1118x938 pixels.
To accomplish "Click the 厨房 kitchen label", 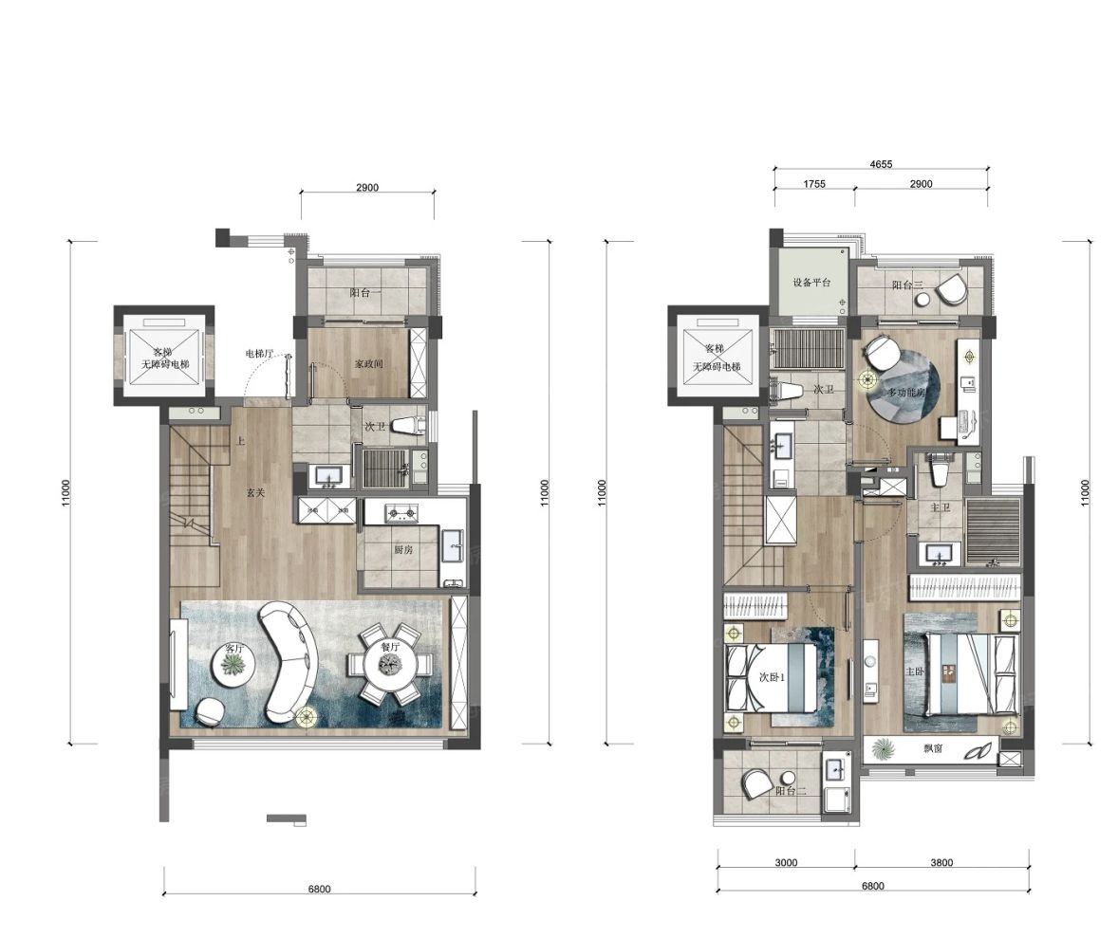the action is (402, 549).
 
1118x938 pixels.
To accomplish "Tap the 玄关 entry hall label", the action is (255, 492).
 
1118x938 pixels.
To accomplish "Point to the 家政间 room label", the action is (368, 363).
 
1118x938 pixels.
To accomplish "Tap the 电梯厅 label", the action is (259, 353).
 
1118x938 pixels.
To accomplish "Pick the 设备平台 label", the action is (812, 283).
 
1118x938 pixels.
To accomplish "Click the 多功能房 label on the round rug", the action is (906, 393).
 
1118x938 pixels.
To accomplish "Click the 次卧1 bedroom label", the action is (772, 678).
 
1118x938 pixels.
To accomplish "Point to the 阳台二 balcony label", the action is (791, 790).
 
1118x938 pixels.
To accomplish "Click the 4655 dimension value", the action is (882, 164).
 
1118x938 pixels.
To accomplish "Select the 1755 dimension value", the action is (814, 184).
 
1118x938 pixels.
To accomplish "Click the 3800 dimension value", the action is (941, 862).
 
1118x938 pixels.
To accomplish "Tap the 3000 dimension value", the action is (785, 862).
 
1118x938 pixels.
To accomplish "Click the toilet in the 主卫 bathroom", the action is (939, 467).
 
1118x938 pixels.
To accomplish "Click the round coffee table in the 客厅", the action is (232, 666).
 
